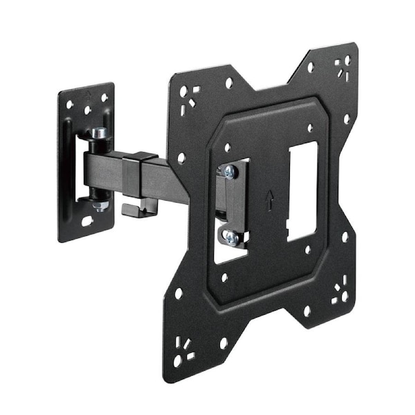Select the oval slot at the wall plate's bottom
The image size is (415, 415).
87,222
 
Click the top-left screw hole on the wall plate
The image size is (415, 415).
70,104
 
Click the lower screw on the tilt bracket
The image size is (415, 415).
230,237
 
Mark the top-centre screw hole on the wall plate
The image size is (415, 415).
88,110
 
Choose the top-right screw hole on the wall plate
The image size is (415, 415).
104,98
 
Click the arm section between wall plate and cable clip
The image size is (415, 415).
104,169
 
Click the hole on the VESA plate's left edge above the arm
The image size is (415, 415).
181,158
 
